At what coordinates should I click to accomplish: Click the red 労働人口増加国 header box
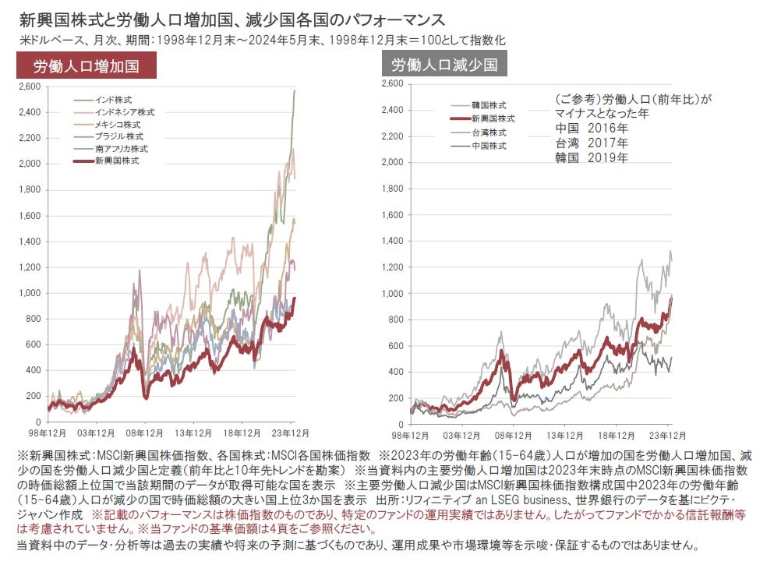87,66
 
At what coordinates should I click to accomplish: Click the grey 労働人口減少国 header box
444,64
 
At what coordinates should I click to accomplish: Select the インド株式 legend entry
113,100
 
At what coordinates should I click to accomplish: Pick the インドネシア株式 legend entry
124,112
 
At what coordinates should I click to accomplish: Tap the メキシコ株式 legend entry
118,124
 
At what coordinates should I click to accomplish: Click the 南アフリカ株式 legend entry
121,148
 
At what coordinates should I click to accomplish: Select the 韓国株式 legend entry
489,105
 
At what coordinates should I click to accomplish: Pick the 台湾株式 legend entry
489,132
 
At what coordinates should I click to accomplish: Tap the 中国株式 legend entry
489,146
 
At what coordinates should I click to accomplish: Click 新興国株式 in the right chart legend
493,118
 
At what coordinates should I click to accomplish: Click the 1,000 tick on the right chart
391,293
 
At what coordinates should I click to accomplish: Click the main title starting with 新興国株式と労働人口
235,17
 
